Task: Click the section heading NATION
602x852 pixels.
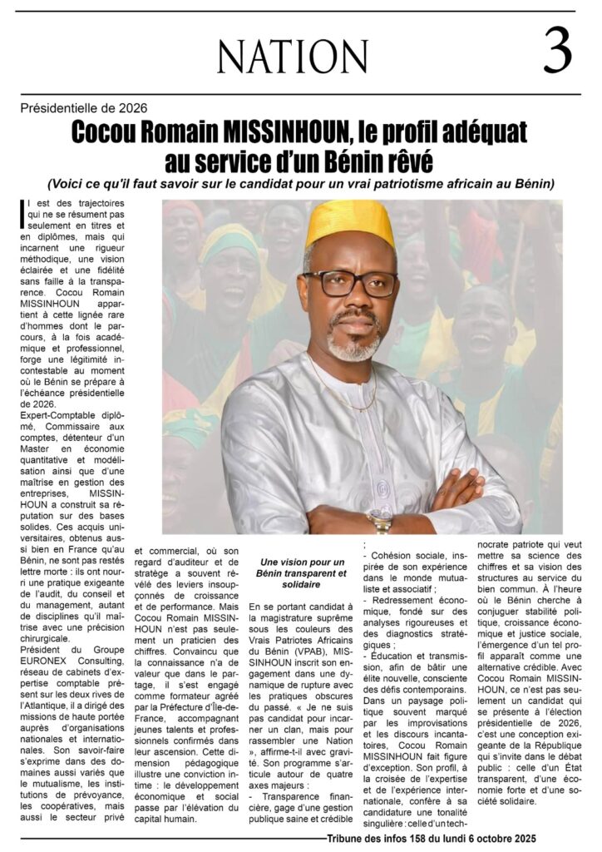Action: (280, 57)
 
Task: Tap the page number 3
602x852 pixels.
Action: (557, 52)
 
